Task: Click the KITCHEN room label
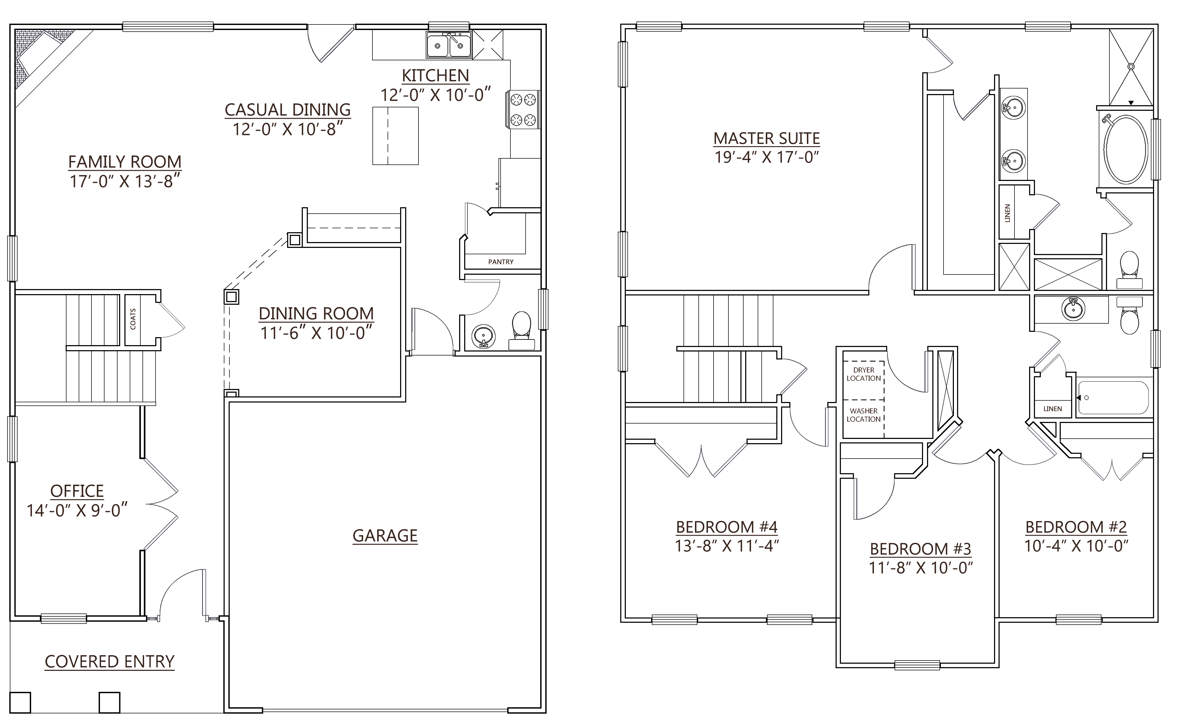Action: point(435,76)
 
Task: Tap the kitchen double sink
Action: point(449,45)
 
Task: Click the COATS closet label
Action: point(133,319)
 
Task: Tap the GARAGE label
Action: point(385,535)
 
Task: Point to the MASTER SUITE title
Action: point(766,138)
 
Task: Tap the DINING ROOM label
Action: point(316,313)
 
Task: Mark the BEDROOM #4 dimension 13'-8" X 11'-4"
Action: point(727,546)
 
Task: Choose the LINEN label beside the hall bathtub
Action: point(1053,408)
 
